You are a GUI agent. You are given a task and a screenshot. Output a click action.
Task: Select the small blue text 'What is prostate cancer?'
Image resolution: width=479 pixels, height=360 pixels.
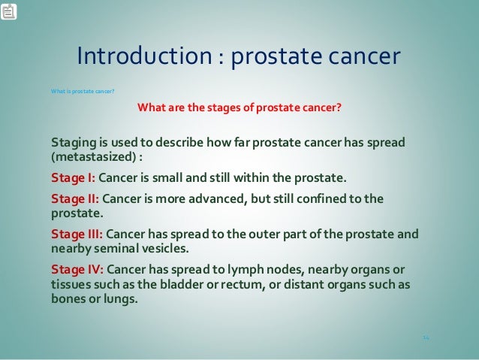click(x=82, y=92)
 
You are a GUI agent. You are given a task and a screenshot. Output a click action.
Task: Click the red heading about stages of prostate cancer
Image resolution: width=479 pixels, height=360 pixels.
click(x=239, y=107)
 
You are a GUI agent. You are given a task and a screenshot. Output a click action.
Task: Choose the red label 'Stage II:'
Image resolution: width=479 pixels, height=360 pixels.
click(x=74, y=199)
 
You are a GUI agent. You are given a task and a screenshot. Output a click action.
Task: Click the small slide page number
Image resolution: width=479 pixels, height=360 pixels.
click(x=425, y=338)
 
